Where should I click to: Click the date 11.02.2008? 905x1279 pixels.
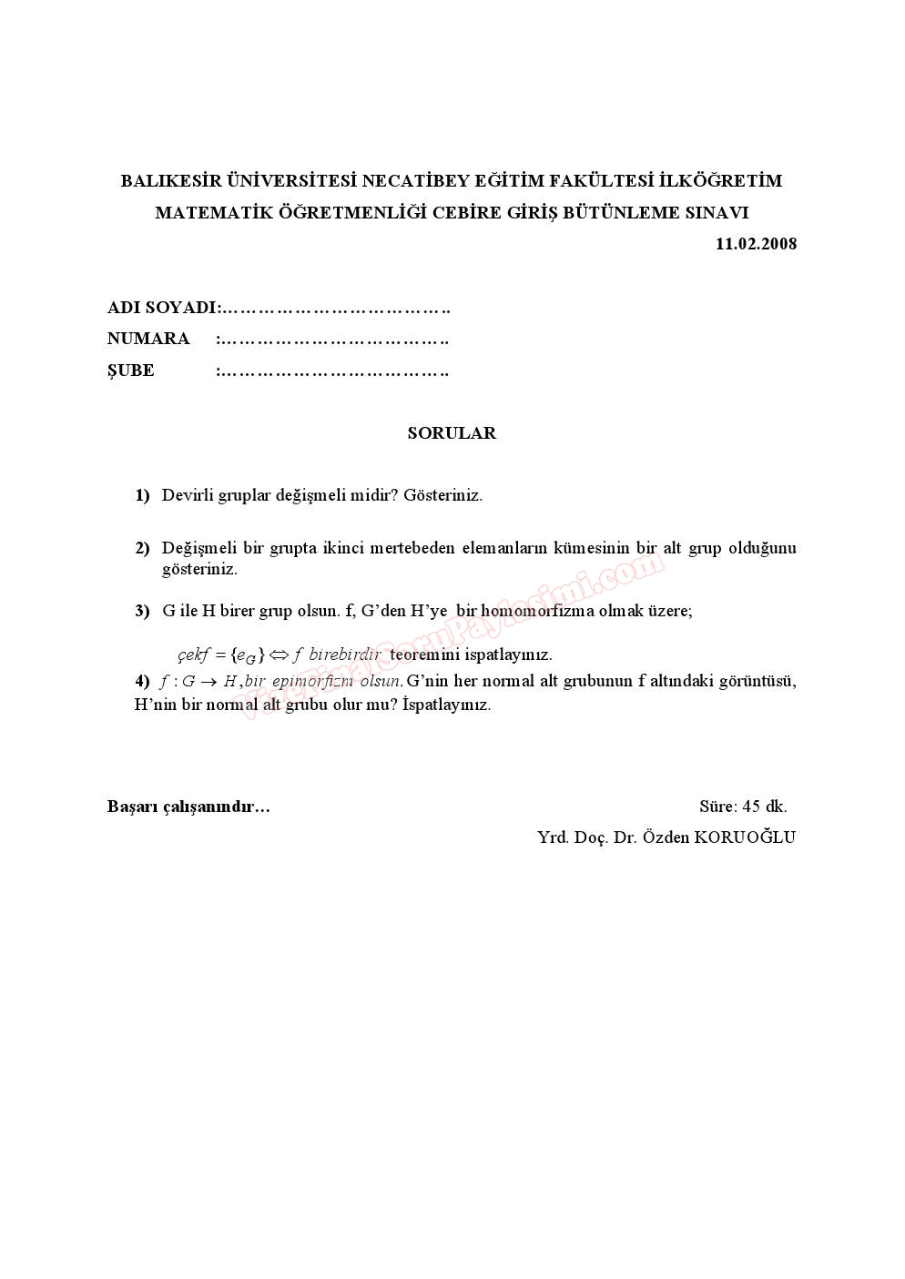[x=756, y=244]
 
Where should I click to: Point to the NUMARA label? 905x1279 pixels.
[x=148, y=339]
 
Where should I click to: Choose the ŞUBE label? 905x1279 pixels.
[x=131, y=371]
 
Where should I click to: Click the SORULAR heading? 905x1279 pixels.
[x=452, y=433]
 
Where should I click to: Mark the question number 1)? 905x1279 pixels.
[x=142, y=495]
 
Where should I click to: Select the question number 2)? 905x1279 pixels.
[x=142, y=548]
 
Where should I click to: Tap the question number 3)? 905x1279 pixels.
[x=142, y=611]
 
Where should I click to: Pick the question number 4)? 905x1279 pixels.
[x=142, y=681]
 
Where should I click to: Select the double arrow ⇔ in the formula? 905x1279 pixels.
[x=278, y=655]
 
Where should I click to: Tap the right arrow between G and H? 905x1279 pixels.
[x=209, y=682]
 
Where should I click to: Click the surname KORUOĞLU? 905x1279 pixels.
[x=745, y=837]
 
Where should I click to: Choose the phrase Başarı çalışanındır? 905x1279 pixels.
[x=188, y=807]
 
